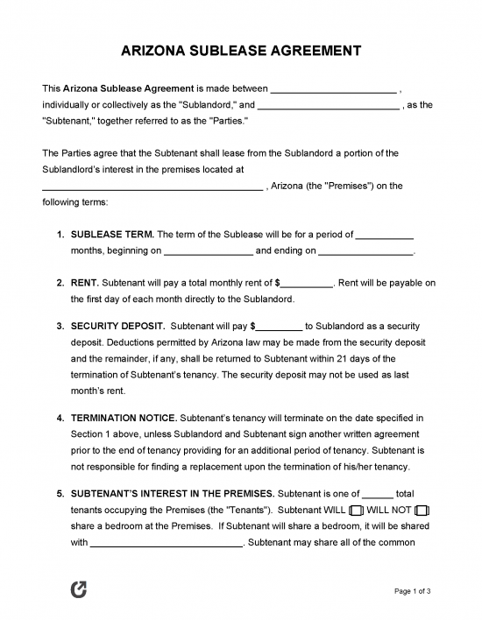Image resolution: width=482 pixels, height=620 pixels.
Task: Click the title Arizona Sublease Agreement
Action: click(240, 52)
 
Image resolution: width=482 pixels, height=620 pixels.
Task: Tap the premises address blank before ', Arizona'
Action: click(152, 187)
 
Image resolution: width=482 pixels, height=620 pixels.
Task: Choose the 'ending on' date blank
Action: click(365, 251)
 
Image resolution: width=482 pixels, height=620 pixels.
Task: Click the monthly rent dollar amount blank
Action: click(307, 284)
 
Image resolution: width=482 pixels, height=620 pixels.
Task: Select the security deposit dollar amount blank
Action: click(279, 326)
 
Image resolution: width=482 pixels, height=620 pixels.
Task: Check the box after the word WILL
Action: click(356, 510)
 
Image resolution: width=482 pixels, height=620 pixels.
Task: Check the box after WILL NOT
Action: click(422, 510)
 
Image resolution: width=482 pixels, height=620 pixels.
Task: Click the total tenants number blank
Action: click(377, 493)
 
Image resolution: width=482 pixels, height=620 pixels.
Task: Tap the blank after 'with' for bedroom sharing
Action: click(167, 542)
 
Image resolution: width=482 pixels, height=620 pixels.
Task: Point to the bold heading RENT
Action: click(85, 284)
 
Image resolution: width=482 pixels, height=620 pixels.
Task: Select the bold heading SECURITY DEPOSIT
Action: click(117, 326)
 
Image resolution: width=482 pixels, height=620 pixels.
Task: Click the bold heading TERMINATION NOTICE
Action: click(124, 417)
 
